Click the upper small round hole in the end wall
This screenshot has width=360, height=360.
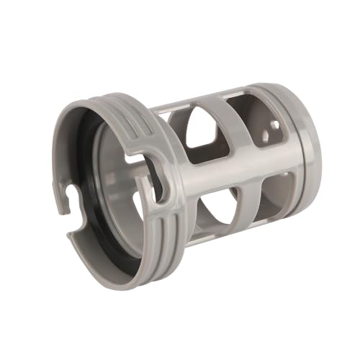click(276, 124)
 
